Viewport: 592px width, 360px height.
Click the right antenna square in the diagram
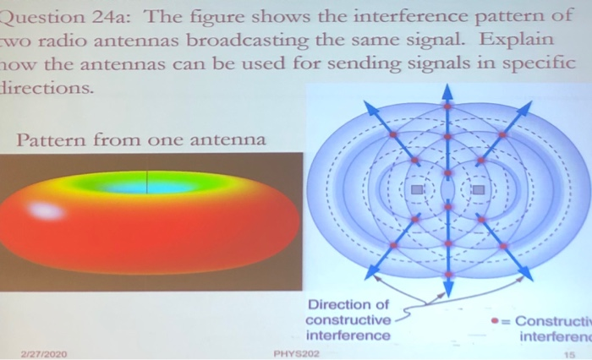478,190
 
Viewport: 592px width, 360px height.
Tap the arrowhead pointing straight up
447,90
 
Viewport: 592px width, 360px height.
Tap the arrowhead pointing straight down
447,288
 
